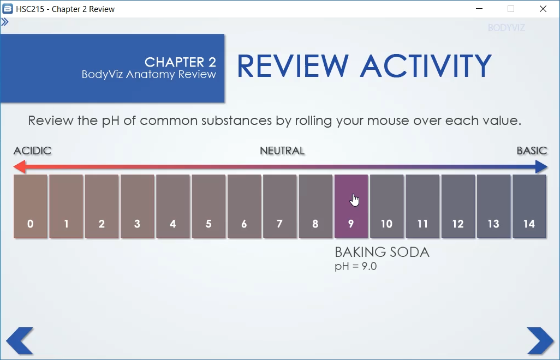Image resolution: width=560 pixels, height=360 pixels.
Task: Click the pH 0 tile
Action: click(x=31, y=206)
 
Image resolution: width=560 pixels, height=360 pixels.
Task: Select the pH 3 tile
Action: click(x=137, y=206)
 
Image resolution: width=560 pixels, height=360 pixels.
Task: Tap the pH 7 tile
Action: click(x=279, y=206)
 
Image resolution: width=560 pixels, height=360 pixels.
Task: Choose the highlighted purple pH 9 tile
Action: click(x=351, y=206)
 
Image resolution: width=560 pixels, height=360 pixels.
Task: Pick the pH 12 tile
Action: click(x=458, y=206)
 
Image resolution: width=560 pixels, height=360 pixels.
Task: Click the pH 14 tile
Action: click(x=529, y=206)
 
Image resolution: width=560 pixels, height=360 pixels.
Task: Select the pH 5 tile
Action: click(x=208, y=206)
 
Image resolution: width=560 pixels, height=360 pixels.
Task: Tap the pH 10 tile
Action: click(x=387, y=206)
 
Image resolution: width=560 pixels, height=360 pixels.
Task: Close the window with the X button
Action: click(x=543, y=9)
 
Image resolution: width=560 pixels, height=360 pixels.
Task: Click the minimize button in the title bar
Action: click(x=479, y=9)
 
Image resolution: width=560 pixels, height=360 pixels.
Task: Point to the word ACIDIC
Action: click(x=33, y=151)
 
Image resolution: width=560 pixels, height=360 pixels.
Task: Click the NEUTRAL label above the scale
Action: click(x=282, y=151)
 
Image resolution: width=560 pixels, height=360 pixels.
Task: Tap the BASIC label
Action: click(x=532, y=151)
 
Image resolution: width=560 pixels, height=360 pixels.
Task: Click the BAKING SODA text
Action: click(x=382, y=252)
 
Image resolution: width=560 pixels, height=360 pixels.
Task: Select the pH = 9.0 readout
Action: click(x=356, y=267)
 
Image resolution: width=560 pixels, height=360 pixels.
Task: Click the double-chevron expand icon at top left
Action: click(x=5, y=22)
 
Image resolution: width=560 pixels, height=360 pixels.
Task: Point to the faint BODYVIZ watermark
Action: click(x=507, y=28)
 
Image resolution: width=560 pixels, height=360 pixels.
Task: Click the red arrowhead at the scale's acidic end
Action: click(x=19, y=166)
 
